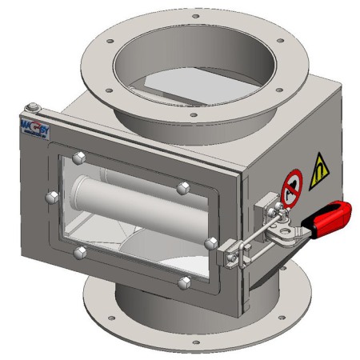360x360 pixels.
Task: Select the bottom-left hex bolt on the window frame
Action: [78, 253]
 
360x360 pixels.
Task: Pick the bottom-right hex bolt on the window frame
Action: [185, 282]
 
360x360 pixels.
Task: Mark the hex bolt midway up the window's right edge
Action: [210, 241]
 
